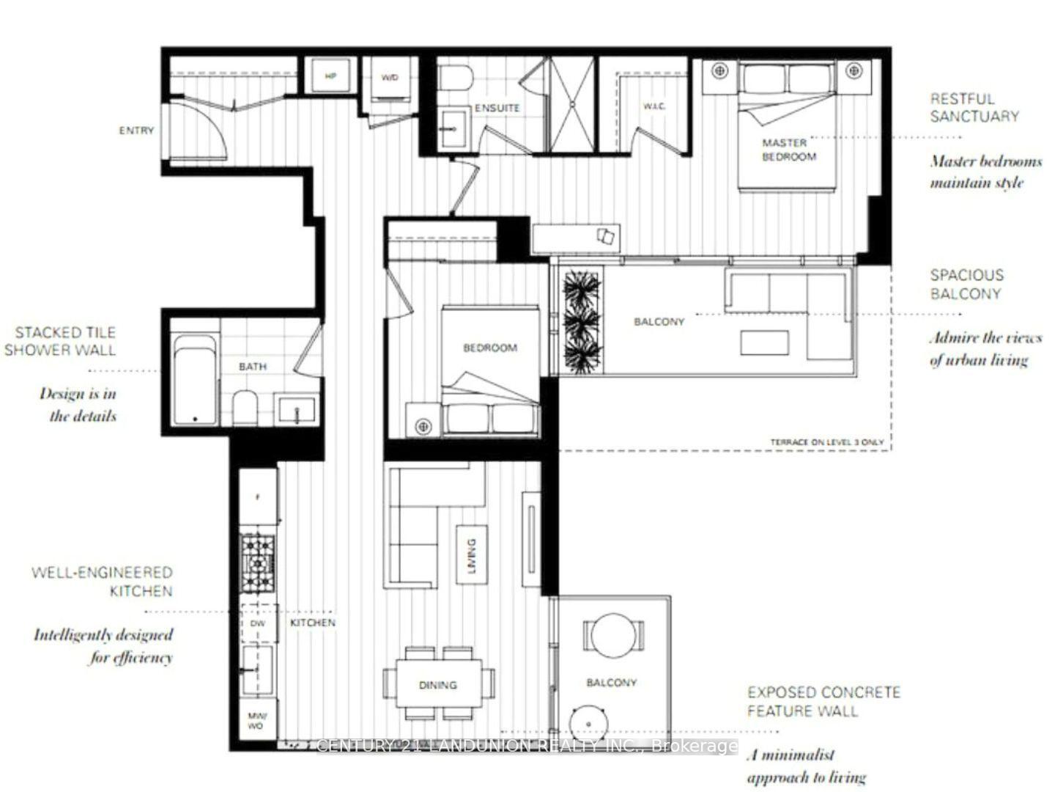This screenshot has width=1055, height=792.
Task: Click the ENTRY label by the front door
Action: click(136, 131)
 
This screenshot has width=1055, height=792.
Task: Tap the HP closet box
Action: click(330, 76)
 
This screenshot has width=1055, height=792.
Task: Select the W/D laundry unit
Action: click(390, 78)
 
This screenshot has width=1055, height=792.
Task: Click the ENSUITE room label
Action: click(497, 108)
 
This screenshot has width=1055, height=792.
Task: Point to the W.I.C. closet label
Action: click(654, 107)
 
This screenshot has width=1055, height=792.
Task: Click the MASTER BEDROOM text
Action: click(788, 150)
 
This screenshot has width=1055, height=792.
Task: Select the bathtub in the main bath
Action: click(195, 381)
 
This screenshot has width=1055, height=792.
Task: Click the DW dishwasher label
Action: click(257, 623)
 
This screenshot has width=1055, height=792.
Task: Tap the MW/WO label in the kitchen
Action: click(256, 721)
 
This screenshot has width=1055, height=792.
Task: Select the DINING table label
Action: click(437, 685)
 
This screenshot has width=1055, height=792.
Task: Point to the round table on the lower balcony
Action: click(614, 633)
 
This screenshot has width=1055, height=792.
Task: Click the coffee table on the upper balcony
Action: click(764, 342)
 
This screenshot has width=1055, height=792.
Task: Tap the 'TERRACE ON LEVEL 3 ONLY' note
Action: click(826, 442)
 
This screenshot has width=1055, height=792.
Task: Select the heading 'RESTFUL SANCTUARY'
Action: click(974, 107)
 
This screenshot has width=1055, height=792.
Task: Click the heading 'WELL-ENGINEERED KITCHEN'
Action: click(102, 582)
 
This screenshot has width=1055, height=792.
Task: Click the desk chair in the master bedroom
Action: click(607, 236)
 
